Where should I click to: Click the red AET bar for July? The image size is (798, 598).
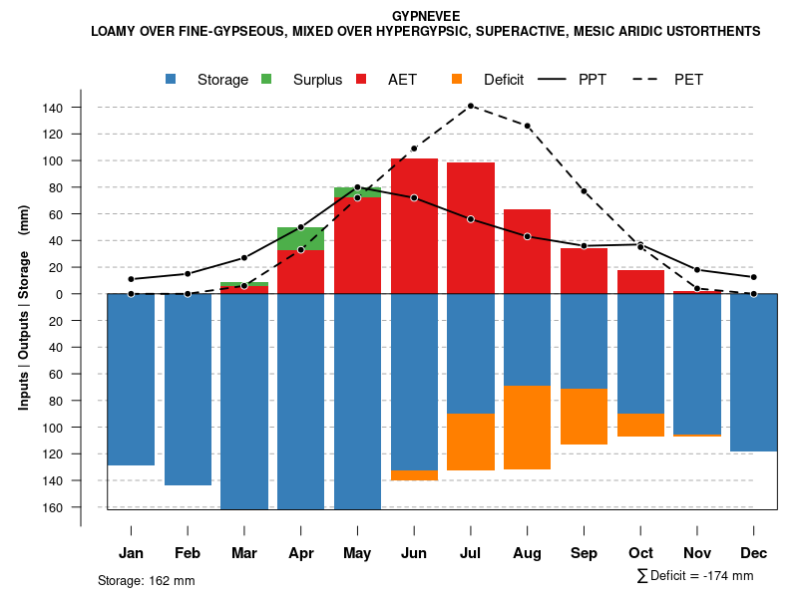click(x=471, y=227)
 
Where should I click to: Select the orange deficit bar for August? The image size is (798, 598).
click(x=528, y=428)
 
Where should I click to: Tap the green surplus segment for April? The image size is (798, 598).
click(x=300, y=238)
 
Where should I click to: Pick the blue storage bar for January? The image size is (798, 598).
click(x=131, y=380)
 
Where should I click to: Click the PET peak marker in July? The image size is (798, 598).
click(x=471, y=106)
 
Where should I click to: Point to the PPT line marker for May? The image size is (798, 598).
click(x=357, y=187)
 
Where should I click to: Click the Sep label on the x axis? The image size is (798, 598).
click(x=584, y=553)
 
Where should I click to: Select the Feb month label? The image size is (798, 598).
click(x=188, y=553)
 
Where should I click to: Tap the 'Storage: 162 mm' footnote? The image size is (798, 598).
click(x=147, y=580)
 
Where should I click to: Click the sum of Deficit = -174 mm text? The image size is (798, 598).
click(x=694, y=576)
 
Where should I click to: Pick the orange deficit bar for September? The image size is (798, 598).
click(x=584, y=417)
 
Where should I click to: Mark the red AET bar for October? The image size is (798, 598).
click(x=640, y=282)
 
